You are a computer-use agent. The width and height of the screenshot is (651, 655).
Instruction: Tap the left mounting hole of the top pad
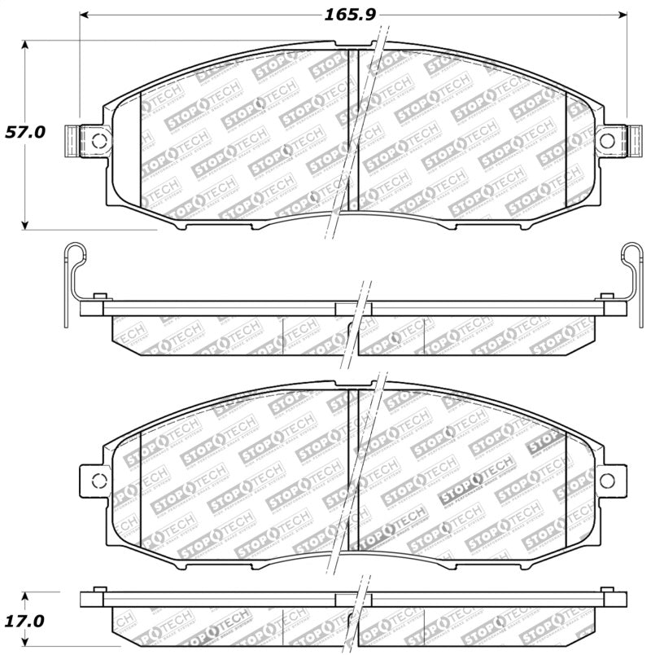(99, 140)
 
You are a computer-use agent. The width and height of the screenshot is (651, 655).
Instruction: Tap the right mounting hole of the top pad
(607, 140)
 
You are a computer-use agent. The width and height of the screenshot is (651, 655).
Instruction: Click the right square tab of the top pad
(631, 140)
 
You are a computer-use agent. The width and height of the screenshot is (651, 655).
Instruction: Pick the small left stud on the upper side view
(99, 294)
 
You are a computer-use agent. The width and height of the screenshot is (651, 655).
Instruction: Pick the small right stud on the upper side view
(606, 294)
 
